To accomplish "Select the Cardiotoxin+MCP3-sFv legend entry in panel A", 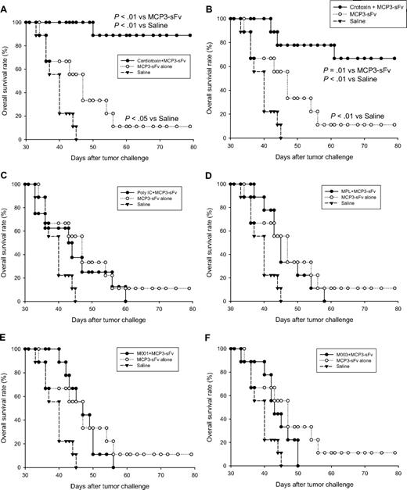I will tap(156, 59).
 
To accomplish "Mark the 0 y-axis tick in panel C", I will tap(19, 302).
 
